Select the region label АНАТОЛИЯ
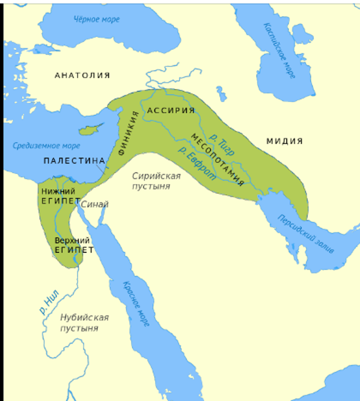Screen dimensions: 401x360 pos(82,75)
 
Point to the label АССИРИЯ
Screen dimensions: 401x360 pos(171,110)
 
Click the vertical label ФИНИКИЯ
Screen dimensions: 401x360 pos(129,133)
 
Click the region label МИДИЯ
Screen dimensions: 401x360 pos(284,141)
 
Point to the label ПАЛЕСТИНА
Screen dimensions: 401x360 pos(74,161)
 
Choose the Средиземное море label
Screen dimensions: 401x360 pos(46,146)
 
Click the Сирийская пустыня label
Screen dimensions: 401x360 pos(156,181)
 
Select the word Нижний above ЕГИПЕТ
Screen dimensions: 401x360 pos(58,191)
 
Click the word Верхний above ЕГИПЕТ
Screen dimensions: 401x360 pos(72,240)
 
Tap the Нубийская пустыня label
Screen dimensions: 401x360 pos(84,322)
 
